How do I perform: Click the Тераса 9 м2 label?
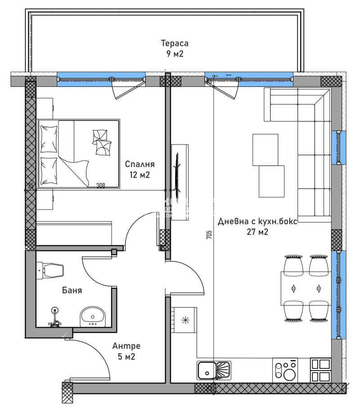[175, 49]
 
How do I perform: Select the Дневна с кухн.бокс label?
[257, 227]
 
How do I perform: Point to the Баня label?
[72, 290]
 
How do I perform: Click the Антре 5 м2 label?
[126, 351]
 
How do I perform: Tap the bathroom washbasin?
[92, 317]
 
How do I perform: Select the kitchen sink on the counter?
[213, 370]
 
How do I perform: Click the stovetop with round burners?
[285, 370]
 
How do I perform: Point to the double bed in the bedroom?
[79, 153]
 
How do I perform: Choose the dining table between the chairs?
[306, 288]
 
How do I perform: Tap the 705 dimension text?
[209, 235]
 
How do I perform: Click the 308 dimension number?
[101, 186]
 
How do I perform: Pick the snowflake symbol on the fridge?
[184, 320]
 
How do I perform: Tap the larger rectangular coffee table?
[272, 181]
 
